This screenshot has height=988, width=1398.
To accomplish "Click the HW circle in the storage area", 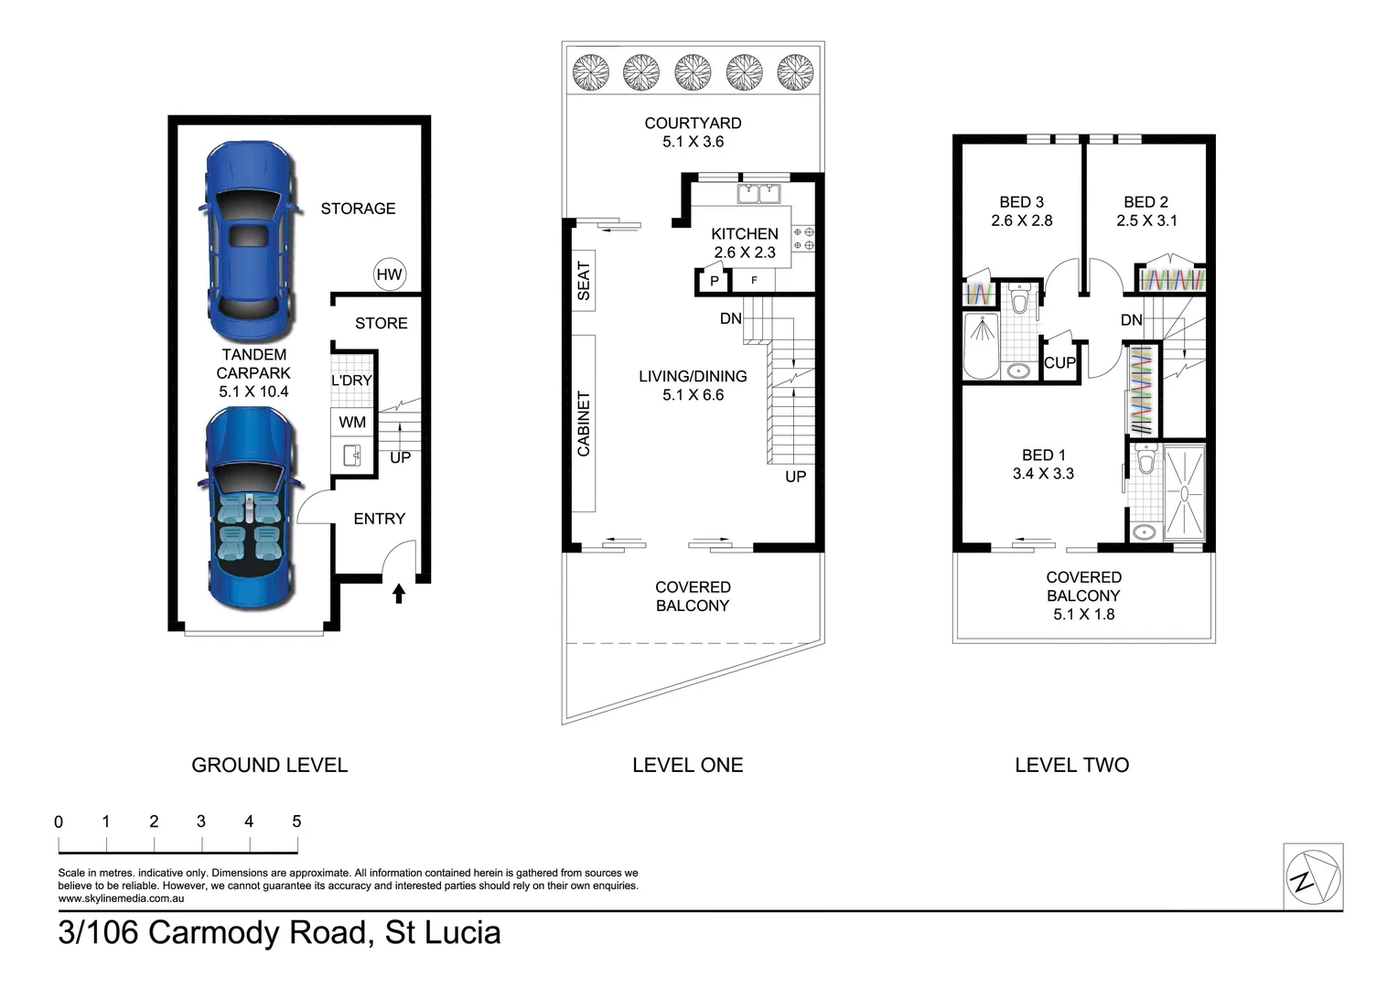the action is (x=390, y=274).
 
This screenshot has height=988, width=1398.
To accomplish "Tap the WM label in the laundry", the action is (x=352, y=423).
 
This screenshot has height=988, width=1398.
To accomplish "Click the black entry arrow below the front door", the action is (x=399, y=593).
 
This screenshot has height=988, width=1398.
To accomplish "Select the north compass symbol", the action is (x=1313, y=877).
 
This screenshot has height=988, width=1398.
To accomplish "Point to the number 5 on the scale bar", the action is (x=296, y=822).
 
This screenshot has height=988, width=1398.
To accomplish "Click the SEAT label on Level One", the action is (x=584, y=281).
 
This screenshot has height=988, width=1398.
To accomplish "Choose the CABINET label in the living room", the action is (x=584, y=424).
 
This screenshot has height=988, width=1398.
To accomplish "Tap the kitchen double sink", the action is (x=758, y=194).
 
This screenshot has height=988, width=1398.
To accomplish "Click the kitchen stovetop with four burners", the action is (x=803, y=239).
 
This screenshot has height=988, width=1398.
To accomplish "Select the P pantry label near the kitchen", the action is (x=715, y=282).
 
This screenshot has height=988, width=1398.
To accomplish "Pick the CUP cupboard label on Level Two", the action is (x=1059, y=362).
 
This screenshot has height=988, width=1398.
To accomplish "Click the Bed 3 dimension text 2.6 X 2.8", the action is (x=1022, y=221).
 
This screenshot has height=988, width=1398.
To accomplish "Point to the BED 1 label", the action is (x=1044, y=455).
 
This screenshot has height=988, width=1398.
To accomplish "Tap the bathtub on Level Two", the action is (x=982, y=347).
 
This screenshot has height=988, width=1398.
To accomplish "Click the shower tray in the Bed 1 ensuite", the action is (x=1184, y=492).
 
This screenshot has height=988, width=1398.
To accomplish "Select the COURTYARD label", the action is (x=693, y=123).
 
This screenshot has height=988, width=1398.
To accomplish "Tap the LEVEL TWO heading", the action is (x=1071, y=765).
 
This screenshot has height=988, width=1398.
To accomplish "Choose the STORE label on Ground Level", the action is (x=382, y=323).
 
